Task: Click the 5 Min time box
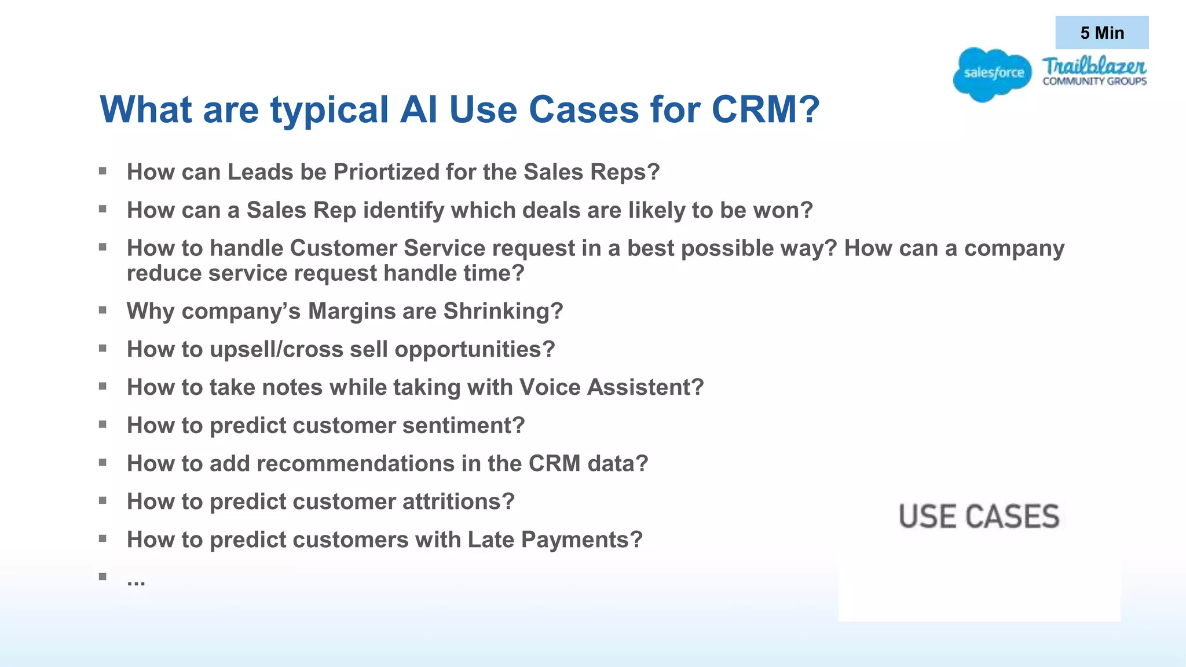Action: click(1101, 33)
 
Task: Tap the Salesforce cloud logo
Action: click(993, 74)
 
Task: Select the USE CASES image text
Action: click(979, 516)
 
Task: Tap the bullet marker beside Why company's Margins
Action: click(103, 310)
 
